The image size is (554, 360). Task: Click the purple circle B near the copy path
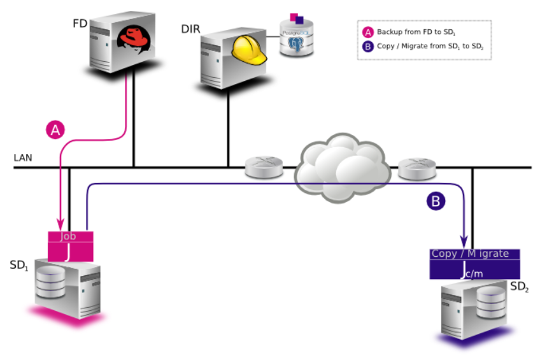(x=436, y=201)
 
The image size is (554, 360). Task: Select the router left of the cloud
(x=263, y=168)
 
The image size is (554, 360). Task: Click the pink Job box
(x=71, y=246)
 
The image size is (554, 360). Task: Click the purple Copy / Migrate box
(x=474, y=263)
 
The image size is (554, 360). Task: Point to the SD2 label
(x=520, y=287)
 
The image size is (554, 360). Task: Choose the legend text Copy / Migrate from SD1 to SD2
(x=425, y=47)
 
